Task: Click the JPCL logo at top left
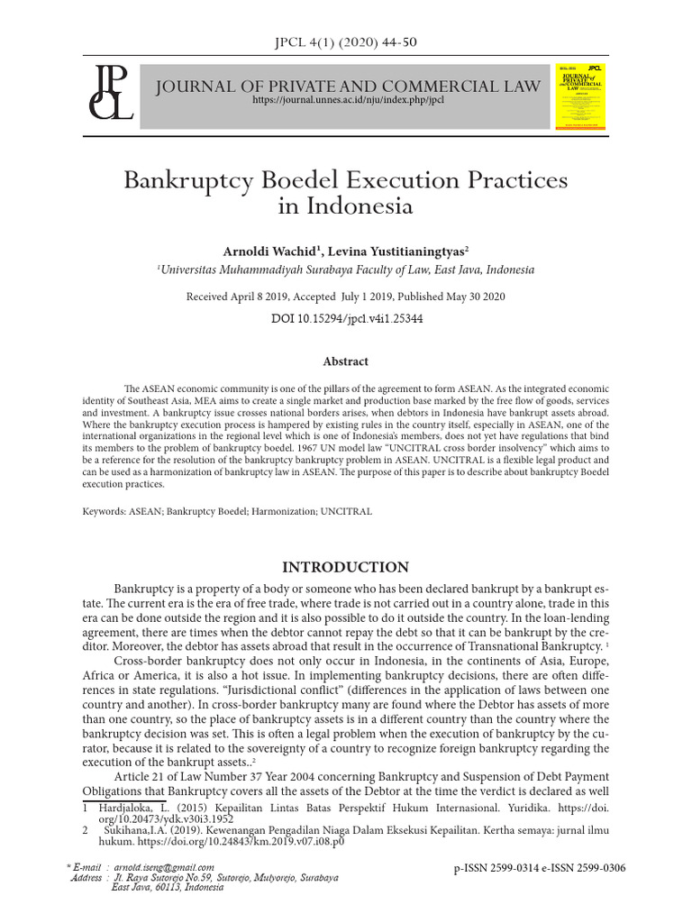coord(109,93)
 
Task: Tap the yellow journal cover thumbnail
coord(581,95)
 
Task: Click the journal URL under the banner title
coord(348,100)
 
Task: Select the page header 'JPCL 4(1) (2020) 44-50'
coord(345,41)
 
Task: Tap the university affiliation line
coord(346,270)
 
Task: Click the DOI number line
coord(346,318)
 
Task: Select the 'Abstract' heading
coord(346,361)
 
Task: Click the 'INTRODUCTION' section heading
coord(346,567)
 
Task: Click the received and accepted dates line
coord(346,297)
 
